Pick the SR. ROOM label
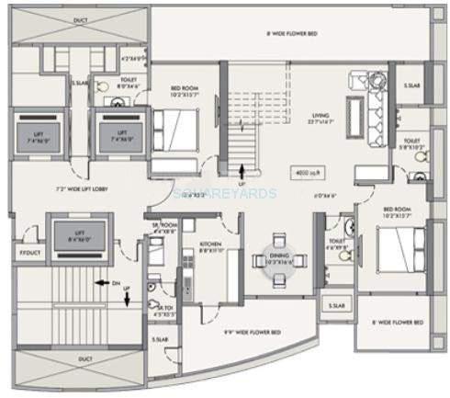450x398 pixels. (164, 228)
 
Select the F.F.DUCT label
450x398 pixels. (30, 252)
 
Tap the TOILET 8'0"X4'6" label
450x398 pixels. (128, 81)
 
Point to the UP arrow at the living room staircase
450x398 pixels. (242, 172)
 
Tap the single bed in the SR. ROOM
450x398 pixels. (156, 252)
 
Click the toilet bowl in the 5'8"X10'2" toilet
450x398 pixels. (419, 156)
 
